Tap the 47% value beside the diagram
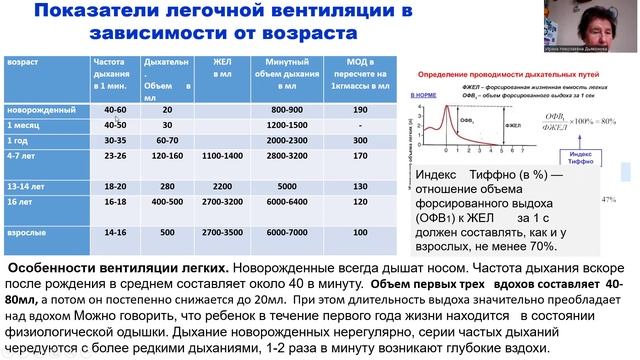(632, 201)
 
